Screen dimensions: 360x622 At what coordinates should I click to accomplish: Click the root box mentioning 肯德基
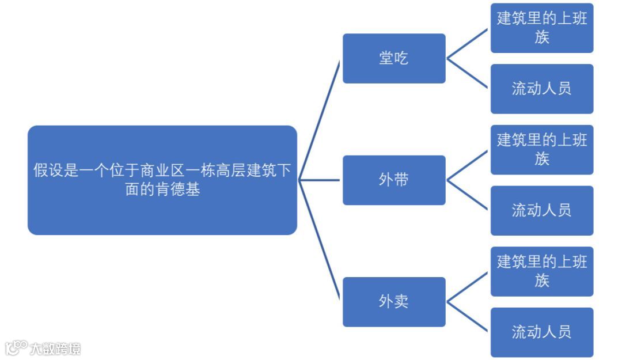(x=162, y=180)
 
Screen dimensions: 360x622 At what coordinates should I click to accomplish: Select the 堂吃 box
(x=394, y=58)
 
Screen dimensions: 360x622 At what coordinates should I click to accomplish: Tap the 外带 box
(x=394, y=180)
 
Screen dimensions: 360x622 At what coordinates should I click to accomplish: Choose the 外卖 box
(x=394, y=302)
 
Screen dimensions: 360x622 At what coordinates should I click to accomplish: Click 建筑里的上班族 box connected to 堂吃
(x=541, y=28)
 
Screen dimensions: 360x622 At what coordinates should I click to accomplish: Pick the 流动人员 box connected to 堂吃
(x=541, y=89)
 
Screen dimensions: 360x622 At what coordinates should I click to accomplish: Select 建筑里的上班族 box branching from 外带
(x=541, y=149)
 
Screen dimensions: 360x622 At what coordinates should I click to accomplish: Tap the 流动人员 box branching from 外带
(x=541, y=210)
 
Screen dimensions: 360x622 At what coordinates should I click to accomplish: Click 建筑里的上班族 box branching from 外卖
(x=541, y=271)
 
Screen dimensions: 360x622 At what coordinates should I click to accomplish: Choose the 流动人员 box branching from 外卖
(x=541, y=332)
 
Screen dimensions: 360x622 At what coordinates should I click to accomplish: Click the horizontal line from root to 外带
(x=320, y=180)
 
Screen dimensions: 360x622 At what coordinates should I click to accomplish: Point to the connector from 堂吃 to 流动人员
(x=468, y=74)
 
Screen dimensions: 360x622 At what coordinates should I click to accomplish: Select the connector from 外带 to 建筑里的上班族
(x=468, y=165)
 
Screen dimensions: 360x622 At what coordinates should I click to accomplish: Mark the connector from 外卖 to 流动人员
(x=468, y=317)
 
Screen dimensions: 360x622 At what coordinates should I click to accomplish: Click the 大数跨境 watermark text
(x=55, y=348)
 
